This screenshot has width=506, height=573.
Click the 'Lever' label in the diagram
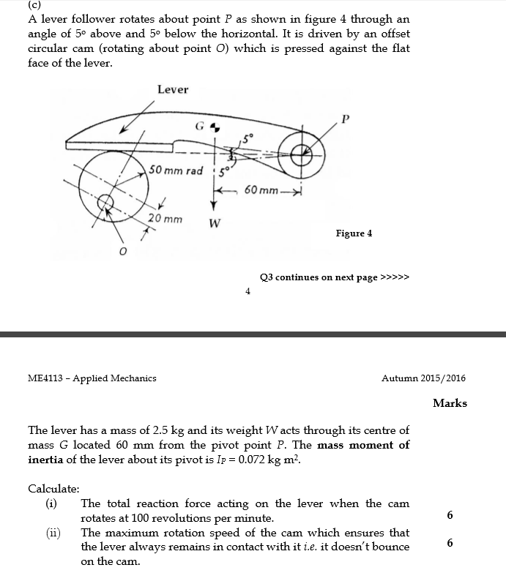point(173,89)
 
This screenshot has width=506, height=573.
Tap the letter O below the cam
point(123,252)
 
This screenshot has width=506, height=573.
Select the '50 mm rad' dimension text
point(176,171)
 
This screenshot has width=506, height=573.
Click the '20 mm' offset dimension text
point(165,218)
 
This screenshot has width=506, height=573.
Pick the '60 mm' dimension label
point(261,191)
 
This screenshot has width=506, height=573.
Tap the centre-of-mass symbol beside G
point(214,127)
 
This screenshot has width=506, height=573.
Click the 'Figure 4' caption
point(354,233)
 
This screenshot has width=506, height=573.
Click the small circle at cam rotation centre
point(106,201)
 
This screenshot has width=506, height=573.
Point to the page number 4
point(248,291)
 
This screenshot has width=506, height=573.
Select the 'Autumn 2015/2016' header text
point(423,378)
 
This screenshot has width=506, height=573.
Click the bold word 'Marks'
point(450,403)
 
